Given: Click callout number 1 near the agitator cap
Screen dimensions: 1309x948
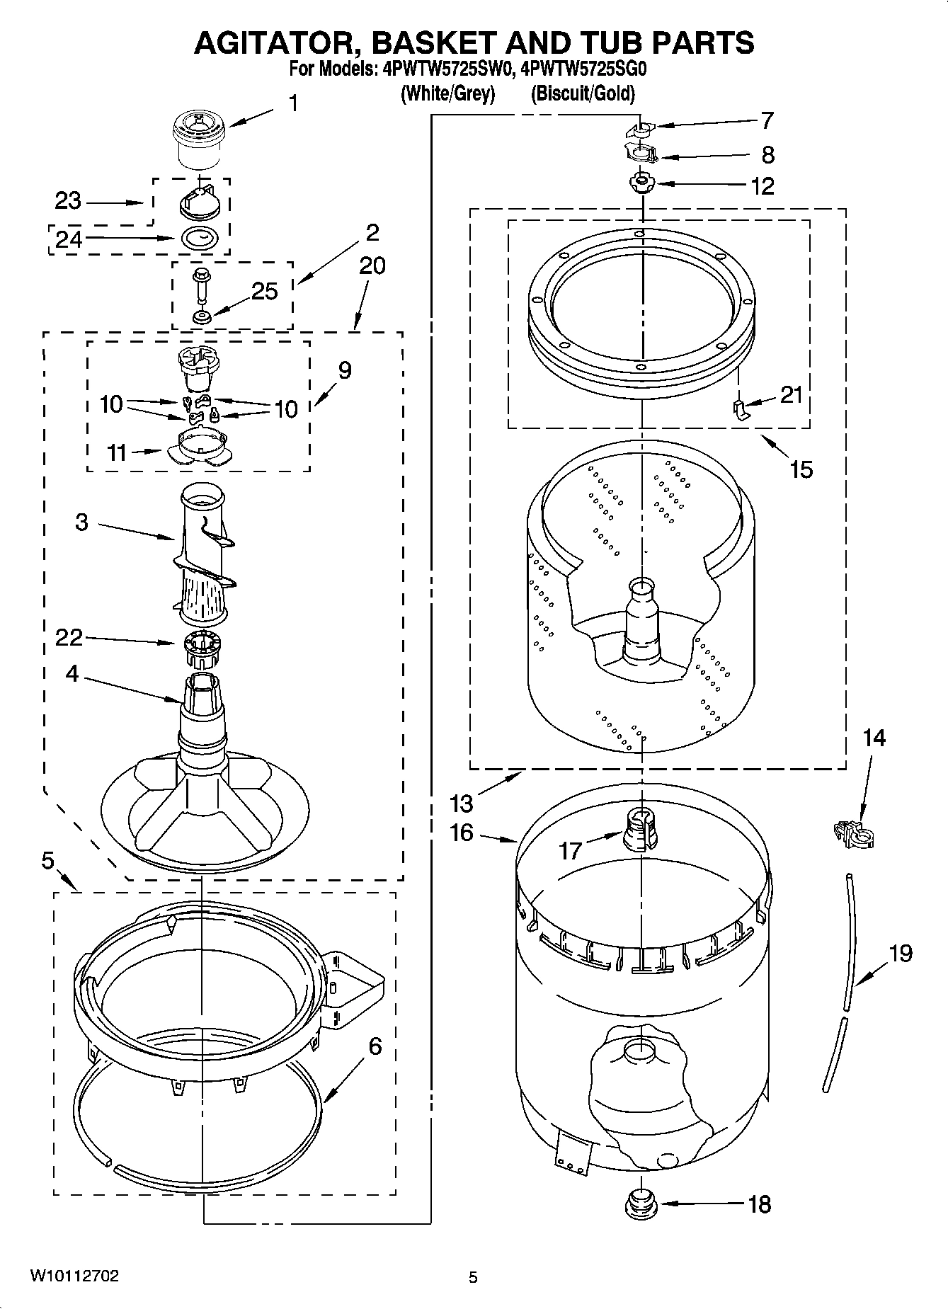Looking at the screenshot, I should coord(292,104).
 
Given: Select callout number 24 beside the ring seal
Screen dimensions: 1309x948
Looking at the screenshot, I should coord(69,239).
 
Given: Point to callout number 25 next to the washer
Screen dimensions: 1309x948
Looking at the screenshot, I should coord(264,291).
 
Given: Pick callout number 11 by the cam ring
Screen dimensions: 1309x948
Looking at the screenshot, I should coord(118,452).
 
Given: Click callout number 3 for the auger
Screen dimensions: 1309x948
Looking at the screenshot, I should coord(82,523).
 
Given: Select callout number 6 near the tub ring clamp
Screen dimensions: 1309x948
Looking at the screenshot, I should coord(375,1046).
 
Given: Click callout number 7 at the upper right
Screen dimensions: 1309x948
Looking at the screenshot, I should coord(767,121).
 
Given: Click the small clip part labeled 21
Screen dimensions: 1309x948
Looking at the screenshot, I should coord(739,409).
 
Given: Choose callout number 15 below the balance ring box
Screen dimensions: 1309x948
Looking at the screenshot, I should coord(801,469).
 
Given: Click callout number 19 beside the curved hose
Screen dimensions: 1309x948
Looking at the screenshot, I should coord(900,954).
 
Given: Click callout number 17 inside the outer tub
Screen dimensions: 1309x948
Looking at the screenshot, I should coord(571,850).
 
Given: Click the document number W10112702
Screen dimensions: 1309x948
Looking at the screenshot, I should coord(74,1276).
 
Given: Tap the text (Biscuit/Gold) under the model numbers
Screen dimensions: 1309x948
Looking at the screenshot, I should coord(583,93).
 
